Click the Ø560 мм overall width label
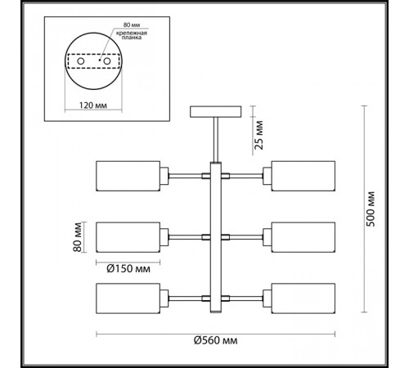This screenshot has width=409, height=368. tap(215, 340)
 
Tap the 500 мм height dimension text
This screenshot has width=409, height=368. tap(371, 209)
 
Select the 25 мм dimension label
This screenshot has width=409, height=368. tap(258, 135)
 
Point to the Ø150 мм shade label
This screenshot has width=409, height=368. tap(128, 269)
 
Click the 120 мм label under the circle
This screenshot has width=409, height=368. tap(93, 105)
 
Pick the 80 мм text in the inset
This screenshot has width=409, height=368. tap(132, 25)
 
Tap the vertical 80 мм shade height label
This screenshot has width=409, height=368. tap(78, 237)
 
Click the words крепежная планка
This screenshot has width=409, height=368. tap(132, 35)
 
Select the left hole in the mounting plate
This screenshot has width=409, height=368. tap(81, 61)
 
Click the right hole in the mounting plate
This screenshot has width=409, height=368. tap(107, 61)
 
